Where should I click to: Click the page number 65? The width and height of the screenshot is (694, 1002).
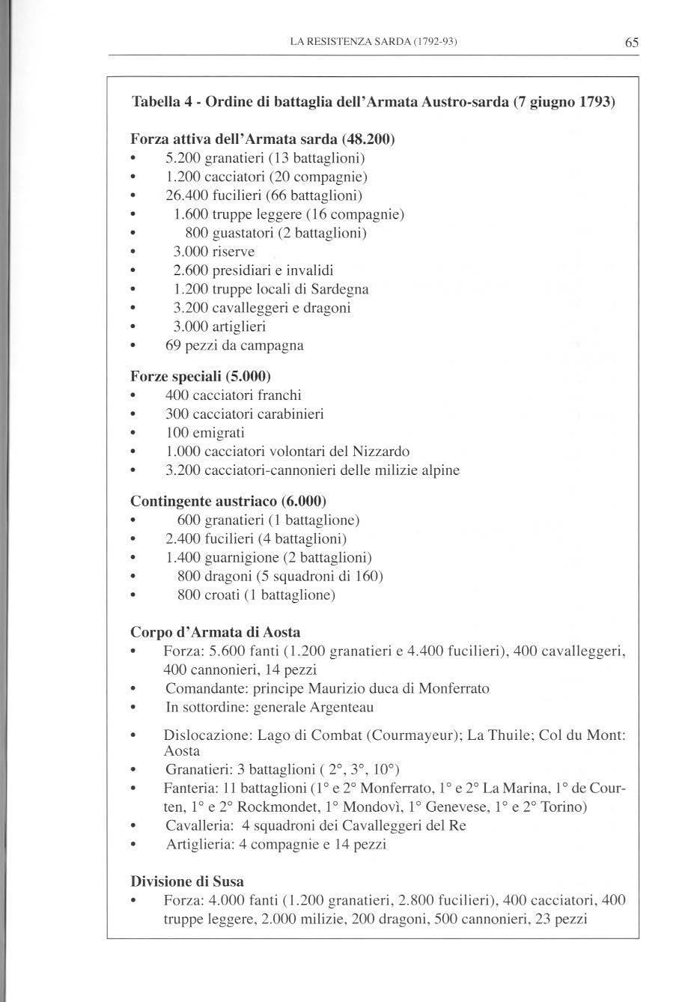click(631, 43)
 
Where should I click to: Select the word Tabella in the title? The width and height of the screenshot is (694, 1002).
click(154, 102)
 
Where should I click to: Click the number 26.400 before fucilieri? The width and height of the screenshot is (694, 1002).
click(186, 195)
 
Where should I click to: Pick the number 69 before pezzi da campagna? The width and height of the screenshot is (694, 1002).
click(174, 345)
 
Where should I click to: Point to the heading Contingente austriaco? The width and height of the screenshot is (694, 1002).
click(228, 500)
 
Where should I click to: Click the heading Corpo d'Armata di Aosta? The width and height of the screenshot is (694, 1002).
click(215, 632)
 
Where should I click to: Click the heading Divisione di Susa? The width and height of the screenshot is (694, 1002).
click(186, 881)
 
